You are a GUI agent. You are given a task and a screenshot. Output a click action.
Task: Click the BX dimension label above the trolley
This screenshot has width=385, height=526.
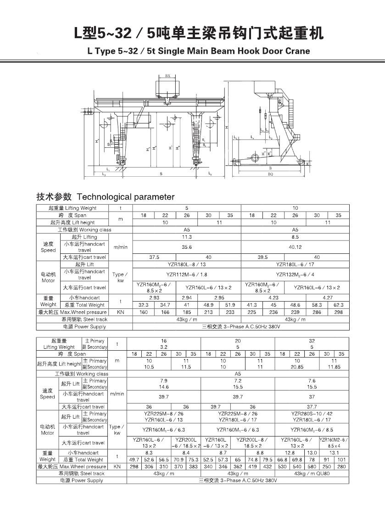[167, 75]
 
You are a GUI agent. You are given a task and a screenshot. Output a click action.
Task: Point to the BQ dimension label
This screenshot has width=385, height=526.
[270, 174]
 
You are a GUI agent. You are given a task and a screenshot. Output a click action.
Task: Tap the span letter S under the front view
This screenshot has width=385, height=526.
[161, 174]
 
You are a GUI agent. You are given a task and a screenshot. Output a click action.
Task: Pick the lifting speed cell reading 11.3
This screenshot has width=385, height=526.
[187, 237]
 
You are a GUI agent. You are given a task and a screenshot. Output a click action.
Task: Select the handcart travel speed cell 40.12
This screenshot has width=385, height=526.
[295, 247]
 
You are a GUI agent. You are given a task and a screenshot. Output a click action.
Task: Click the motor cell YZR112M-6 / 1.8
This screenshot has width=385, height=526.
[187, 274]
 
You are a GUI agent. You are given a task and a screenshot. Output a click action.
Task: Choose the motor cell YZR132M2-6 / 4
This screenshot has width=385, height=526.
[295, 274]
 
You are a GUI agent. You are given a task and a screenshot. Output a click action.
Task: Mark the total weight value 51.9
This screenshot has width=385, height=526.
[230, 305]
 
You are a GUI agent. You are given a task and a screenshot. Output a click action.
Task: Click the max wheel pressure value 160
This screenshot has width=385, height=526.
[144, 312]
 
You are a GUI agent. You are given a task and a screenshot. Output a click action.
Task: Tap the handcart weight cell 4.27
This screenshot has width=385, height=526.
[328, 297]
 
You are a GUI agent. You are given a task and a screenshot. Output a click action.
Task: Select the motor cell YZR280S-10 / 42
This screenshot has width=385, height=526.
[312, 414]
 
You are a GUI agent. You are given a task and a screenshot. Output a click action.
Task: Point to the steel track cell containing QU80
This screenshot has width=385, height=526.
[312, 473]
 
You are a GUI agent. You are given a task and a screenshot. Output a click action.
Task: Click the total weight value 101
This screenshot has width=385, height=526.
[341, 459]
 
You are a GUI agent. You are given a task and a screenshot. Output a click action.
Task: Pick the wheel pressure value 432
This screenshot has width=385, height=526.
[267, 466]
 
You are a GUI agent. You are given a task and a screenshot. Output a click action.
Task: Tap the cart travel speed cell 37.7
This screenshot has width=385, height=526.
[312, 407]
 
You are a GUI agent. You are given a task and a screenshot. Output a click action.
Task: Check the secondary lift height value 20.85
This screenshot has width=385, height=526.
[297, 367]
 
